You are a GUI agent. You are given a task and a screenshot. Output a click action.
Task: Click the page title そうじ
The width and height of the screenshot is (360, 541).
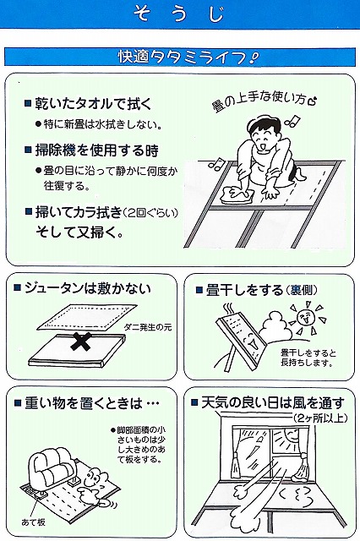pos(179,14)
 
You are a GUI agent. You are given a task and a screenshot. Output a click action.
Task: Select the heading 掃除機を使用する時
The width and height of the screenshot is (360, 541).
pos(97,150)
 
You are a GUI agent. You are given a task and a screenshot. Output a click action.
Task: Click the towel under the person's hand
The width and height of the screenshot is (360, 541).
pos(237,194)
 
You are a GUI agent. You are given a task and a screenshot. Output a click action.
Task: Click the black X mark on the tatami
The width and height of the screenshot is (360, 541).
pos(82,342)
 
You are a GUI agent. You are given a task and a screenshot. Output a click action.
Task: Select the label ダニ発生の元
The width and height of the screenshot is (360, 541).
pos(148,327)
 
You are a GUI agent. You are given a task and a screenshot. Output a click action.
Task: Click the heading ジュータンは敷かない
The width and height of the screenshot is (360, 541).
pos(88,288)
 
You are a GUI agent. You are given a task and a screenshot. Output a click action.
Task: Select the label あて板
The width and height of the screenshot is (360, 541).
pos(34,522)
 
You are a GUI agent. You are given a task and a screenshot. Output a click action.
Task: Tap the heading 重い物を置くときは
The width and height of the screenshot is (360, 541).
pos(92,403)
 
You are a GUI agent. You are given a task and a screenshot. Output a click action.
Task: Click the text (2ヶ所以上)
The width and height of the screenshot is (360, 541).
pos(320,418)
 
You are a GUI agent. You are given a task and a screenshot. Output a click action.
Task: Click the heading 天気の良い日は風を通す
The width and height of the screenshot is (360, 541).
pos(273,402)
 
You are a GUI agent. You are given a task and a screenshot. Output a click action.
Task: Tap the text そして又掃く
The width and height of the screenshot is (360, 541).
pos(79,233)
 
